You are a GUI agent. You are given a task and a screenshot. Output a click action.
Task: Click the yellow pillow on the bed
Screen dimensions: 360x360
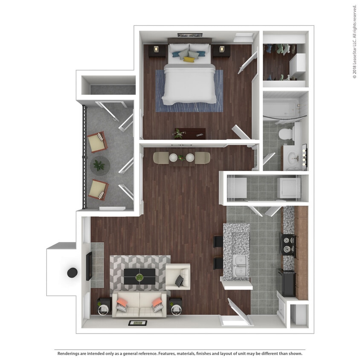tap(189, 60)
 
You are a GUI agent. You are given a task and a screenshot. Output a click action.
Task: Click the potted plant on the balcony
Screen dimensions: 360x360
tap(99, 164)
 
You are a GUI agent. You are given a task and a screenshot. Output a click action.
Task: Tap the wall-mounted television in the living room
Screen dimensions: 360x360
tap(89, 266)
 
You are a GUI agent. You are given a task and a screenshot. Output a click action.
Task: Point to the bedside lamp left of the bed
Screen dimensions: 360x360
tap(156, 49)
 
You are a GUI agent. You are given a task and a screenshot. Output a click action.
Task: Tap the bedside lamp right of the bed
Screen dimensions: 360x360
tap(222, 49)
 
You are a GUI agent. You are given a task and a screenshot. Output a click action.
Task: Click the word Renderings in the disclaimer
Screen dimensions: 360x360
tap(69, 353)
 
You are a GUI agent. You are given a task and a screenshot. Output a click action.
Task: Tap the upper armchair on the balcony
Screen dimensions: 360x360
tap(98, 142)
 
